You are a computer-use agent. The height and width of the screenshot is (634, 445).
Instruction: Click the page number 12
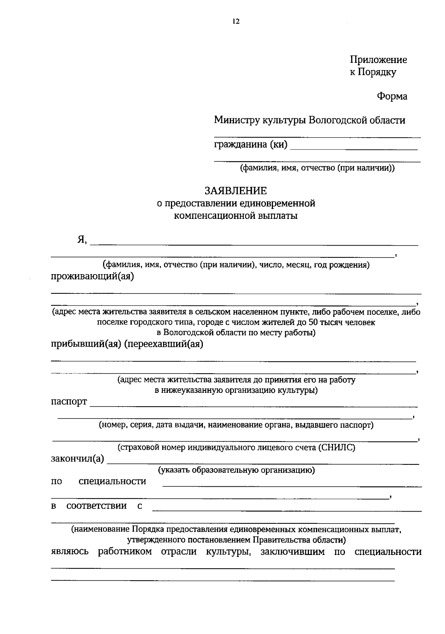(x=236, y=22)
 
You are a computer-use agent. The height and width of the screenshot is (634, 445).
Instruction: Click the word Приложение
(x=378, y=60)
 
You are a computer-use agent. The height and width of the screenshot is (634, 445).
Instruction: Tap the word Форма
(x=392, y=96)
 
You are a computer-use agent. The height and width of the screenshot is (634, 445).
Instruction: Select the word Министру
(x=237, y=120)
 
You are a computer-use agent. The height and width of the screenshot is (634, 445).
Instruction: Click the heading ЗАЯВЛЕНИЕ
(x=236, y=191)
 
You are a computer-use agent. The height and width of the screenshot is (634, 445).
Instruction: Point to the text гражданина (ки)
(x=251, y=144)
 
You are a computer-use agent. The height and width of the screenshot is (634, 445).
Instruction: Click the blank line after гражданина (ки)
(x=354, y=148)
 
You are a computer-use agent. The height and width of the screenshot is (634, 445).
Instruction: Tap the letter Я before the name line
(x=81, y=240)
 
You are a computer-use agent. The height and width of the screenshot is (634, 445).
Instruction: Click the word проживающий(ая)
(x=92, y=277)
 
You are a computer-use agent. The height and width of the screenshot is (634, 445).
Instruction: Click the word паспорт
(x=69, y=402)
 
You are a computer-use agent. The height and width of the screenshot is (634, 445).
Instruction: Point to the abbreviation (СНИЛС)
(x=336, y=448)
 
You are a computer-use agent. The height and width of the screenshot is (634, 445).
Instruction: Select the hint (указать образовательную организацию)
(x=237, y=470)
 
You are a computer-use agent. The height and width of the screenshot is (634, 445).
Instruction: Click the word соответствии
(x=96, y=506)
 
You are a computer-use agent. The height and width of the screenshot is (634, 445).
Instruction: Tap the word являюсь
(x=70, y=552)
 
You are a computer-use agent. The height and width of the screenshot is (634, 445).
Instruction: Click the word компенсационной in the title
(x=215, y=216)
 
